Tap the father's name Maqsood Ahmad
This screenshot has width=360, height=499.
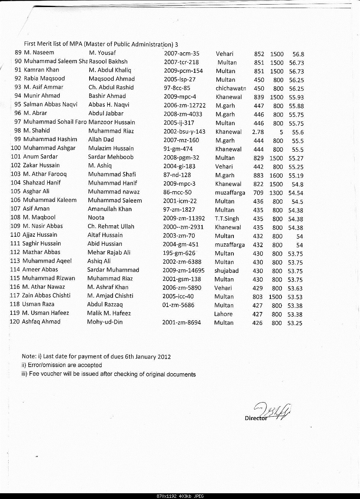coord(111,79)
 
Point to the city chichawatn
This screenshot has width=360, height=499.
coord(231,88)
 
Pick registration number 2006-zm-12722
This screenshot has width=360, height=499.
coord(184,105)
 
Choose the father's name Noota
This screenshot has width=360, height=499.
coord(96,217)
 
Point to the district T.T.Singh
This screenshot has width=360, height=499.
coord(226,219)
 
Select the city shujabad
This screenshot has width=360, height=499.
coord(226,271)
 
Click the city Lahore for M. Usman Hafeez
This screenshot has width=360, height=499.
coord(223,314)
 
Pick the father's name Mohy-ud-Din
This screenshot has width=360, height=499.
coord(105,322)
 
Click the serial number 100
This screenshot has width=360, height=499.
coord(16,148)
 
